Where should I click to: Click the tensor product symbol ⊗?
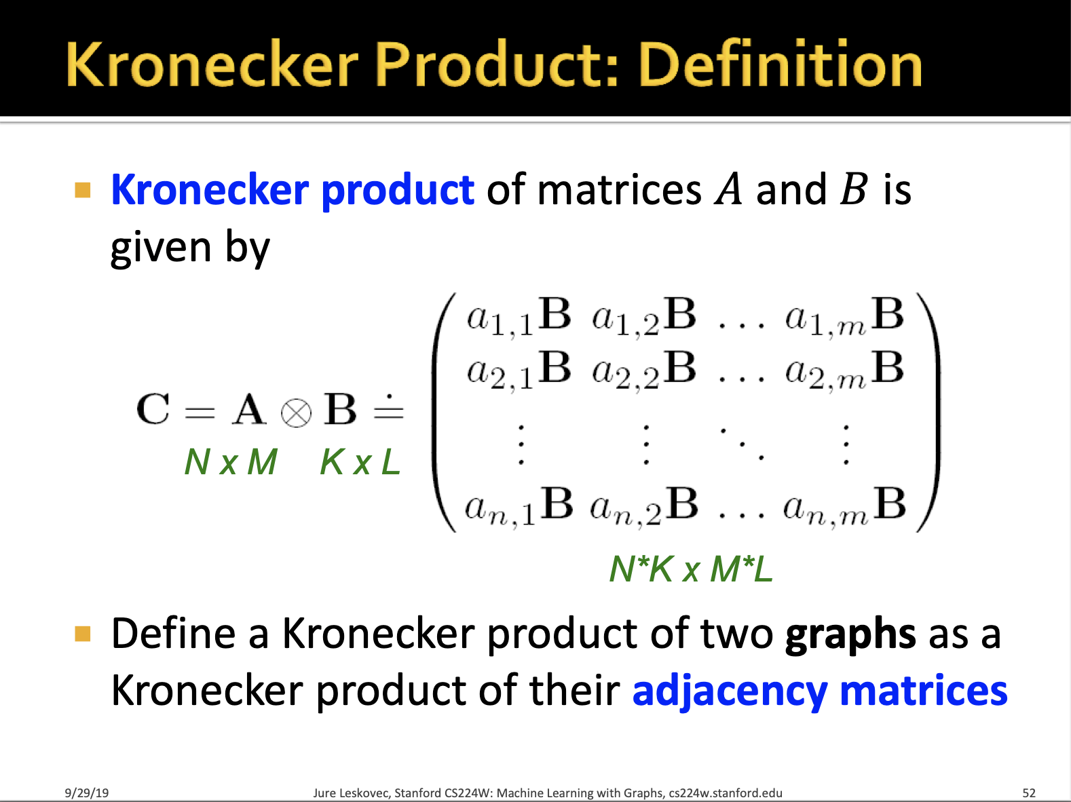point(296,413)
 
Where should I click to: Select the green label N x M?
point(231,461)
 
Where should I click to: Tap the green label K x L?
point(360,461)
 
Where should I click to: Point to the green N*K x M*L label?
point(692,569)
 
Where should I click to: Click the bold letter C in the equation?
point(153,409)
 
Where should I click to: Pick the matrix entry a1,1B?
point(519,316)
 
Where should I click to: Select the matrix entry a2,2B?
point(644,370)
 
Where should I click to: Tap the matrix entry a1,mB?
point(844,316)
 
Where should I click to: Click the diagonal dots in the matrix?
point(742,444)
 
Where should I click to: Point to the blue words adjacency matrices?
point(820,690)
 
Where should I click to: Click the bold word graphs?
point(850,634)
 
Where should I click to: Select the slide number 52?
point(1029,793)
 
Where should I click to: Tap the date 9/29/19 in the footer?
point(87,793)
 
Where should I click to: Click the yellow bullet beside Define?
point(83,634)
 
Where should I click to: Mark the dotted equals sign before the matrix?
point(389,409)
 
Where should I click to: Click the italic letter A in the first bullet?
point(728,189)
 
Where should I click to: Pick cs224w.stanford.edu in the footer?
point(726,793)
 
